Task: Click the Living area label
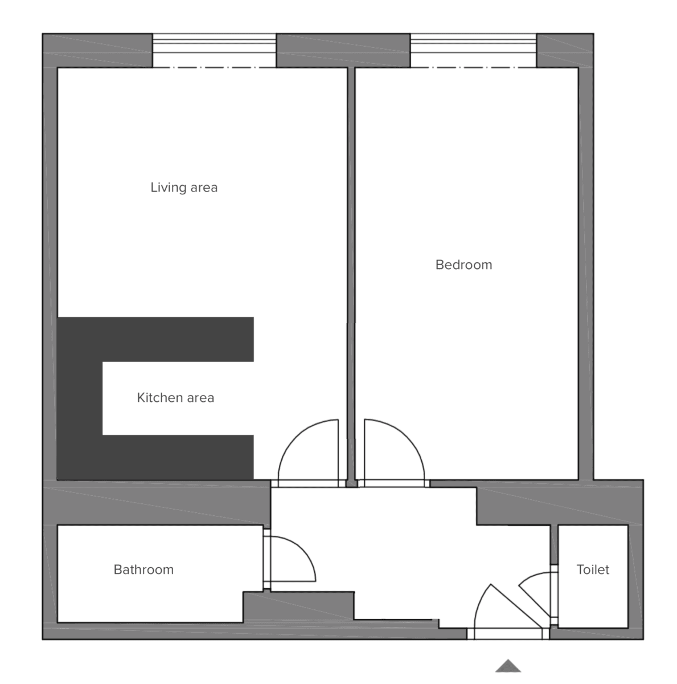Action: point(184,188)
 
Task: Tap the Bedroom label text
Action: point(463,264)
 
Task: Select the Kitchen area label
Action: point(175,398)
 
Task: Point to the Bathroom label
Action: point(143,569)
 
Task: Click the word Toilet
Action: point(593,569)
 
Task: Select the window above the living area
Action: point(214,51)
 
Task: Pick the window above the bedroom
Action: point(473,51)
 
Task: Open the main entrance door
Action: point(501,610)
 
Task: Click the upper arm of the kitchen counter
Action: point(171,339)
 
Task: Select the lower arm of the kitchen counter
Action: point(171,457)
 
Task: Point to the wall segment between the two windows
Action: point(343,51)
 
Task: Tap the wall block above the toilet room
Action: point(558,502)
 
